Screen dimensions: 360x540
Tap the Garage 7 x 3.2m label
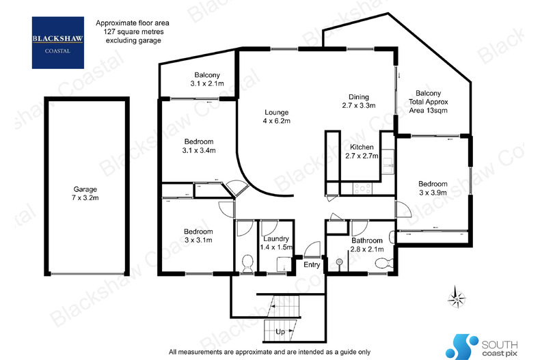pyautogui.click(x=86, y=194)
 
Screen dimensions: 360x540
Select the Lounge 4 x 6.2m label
pyautogui.click(x=278, y=117)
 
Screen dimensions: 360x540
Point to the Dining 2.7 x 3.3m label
pyautogui.click(x=359, y=101)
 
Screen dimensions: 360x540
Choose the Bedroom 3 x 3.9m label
pyautogui.click(x=433, y=188)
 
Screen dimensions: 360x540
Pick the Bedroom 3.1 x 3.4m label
pyautogui.click(x=198, y=146)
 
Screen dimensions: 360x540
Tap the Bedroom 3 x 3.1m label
pyautogui.click(x=198, y=236)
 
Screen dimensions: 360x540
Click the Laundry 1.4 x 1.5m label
pyautogui.click(x=276, y=243)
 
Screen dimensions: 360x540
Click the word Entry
pyautogui.click(x=312, y=264)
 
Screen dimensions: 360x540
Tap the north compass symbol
pyautogui.click(x=457, y=299)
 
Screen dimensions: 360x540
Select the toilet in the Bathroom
pyautogui.click(x=383, y=264)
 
